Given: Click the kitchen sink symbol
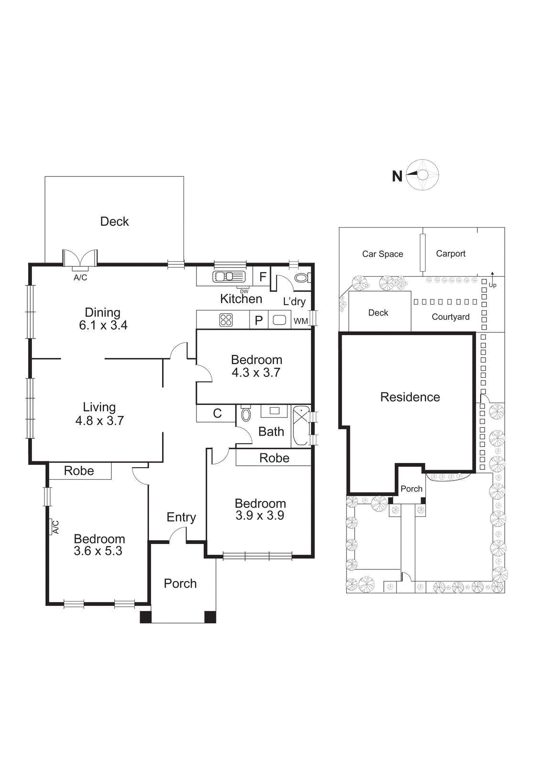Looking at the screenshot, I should (229, 276).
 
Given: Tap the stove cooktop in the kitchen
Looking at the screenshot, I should (226, 320).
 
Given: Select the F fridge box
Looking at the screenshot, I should (262, 277).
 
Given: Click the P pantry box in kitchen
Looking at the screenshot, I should (259, 320).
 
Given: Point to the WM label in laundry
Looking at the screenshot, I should (301, 321).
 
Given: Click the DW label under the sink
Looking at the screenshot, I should (244, 291).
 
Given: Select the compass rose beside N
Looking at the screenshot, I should (423, 175).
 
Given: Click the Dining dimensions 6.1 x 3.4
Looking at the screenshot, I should (103, 326).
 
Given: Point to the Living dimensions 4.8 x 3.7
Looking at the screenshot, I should (99, 421).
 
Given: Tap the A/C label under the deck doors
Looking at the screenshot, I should (80, 278).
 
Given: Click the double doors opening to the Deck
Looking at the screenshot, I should (80, 259).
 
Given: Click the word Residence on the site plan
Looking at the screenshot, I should (410, 397).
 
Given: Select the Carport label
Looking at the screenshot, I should (450, 254).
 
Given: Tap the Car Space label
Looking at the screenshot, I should (382, 254).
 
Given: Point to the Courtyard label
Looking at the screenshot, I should (450, 317).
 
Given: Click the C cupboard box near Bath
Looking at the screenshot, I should (217, 414).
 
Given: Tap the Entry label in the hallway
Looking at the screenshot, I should (181, 517).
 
